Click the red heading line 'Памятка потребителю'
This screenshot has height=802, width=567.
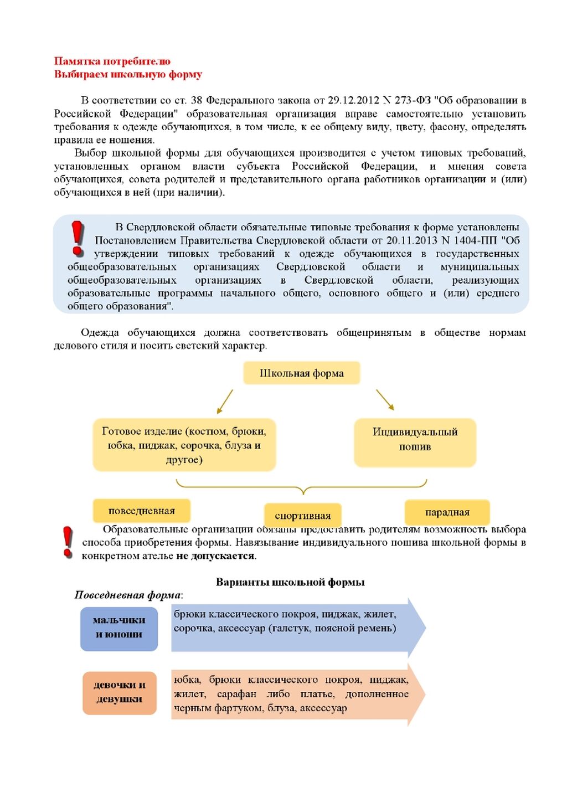(x=112, y=61)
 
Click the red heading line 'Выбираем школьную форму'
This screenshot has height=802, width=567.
(x=128, y=74)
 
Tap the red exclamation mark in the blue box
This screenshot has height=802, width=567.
(x=78, y=238)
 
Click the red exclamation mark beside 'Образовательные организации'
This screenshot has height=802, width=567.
(x=68, y=541)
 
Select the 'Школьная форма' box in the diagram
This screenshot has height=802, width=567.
(x=302, y=373)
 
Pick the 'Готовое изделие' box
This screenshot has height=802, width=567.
(x=184, y=445)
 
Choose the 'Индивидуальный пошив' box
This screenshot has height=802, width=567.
(x=415, y=439)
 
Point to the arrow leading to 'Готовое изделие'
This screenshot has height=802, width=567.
(x=224, y=402)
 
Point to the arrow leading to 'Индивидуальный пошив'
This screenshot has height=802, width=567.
(x=385, y=400)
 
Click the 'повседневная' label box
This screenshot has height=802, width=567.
(x=142, y=511)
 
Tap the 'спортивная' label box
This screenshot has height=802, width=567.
(x=303, y=516)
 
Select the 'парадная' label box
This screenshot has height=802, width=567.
(x=447, y=512)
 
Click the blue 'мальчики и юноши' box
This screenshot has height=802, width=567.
(x=119, y=628)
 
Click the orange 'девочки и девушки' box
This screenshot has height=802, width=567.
(x=120, y=692)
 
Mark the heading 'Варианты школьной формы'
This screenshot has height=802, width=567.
(x=290, y=582)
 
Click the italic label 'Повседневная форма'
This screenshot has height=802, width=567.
(x=128, y=595)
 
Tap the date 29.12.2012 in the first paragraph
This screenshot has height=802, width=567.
(x=353, y=100)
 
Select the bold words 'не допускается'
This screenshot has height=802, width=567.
(x=215, y=556)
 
